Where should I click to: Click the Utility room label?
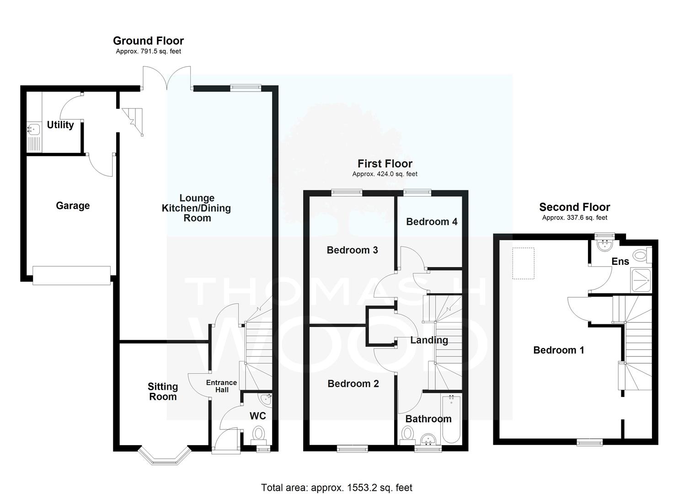[60, 124]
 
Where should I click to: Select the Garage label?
[73, 206]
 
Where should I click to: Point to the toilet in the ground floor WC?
[258, 435]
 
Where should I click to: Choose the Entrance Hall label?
[222, 386]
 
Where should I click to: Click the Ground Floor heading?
[148, 41]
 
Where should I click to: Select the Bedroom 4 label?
[432, 222]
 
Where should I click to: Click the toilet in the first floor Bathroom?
[407, 435]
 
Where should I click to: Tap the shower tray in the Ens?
[641, 280]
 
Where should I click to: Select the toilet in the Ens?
[642, 255]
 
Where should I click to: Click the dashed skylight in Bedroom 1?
[523, 263]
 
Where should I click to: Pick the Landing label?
[429, 340]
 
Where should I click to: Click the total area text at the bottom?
[337, 479]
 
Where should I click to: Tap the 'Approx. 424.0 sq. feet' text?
[385, 174]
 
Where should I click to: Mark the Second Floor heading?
[574, 207]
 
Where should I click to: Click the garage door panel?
[71, 275]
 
